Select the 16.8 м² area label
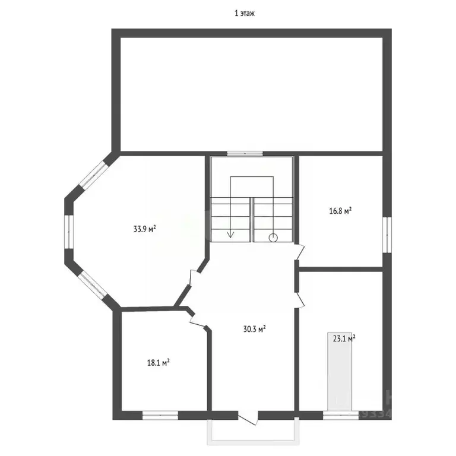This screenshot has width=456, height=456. click(341, 210)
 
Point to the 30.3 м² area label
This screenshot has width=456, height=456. click(254, 328)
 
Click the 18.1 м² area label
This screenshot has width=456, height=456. click(159, 362)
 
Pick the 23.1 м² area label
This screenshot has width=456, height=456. click(344, 339)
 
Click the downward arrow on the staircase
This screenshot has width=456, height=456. click(230, 233)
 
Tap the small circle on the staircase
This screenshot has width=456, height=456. click(273, 237)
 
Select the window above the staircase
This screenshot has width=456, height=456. click(245, 153)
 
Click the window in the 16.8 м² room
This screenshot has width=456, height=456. click(387, 234)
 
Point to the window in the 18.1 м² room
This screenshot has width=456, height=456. click(160, 415)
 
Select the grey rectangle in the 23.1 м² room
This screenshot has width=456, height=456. click(340, 370)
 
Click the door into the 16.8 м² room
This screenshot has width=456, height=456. click(300, 252)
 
